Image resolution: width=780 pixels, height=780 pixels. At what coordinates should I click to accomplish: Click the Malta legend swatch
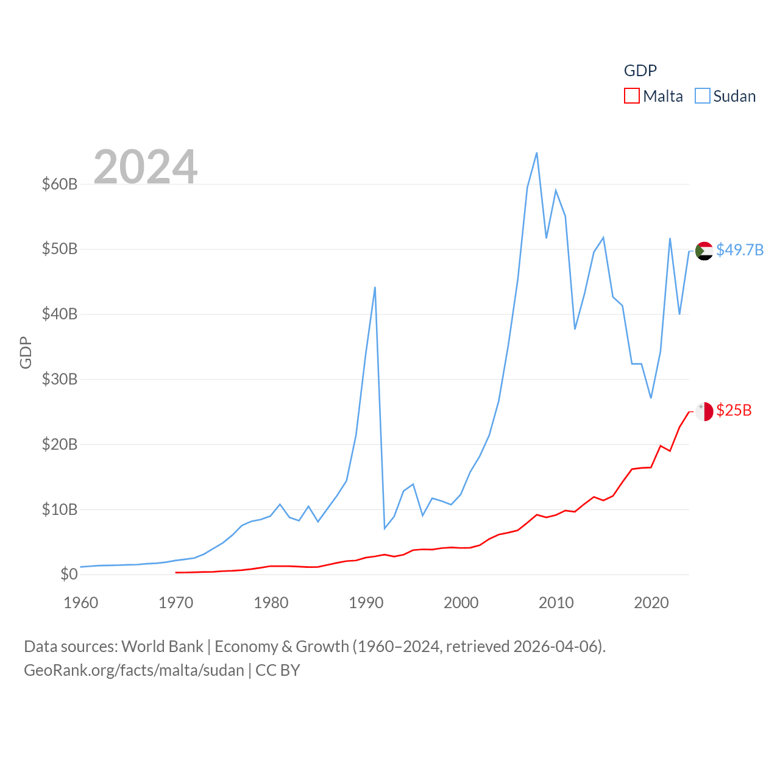pos(632,96)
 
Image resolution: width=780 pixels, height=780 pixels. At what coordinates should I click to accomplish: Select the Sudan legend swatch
pos(703,96)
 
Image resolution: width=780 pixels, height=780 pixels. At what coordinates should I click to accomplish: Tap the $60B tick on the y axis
pos(60,184)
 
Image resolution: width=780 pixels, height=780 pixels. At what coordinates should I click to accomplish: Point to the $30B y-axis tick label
pos(60,379)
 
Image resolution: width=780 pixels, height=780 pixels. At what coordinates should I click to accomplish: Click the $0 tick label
pos(69,574)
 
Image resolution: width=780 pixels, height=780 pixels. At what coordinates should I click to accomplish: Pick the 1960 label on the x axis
pos(81,603)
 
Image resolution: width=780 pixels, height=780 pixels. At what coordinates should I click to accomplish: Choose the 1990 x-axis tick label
pos(366,603)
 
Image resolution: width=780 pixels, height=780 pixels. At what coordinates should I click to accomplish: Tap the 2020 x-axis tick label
pos(651,603)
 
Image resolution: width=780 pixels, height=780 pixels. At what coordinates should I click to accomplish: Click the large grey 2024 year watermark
pos(146,166)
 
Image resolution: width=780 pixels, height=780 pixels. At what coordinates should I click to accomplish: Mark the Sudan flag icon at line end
pos(704,250)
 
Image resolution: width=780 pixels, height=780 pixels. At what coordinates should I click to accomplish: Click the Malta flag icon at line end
pos(704,411)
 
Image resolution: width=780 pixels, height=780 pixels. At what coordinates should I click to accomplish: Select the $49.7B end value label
pos(740,250)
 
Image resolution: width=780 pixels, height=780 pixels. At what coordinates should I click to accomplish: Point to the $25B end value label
pos(734,410)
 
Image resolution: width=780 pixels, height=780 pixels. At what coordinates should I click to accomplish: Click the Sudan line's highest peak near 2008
pos(537,153)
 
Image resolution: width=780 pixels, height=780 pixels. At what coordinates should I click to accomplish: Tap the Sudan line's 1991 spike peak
pos(375,287)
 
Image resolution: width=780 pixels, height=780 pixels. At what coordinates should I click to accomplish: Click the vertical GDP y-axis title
pos(26,352)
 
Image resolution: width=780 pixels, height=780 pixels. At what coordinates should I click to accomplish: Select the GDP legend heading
pos(640,71)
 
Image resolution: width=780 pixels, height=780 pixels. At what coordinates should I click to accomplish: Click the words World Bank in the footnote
pos(162,646)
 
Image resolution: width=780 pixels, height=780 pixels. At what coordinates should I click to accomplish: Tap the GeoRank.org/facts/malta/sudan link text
pos(134,670)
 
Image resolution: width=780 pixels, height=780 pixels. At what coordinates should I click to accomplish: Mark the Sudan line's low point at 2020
pos(651,398)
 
